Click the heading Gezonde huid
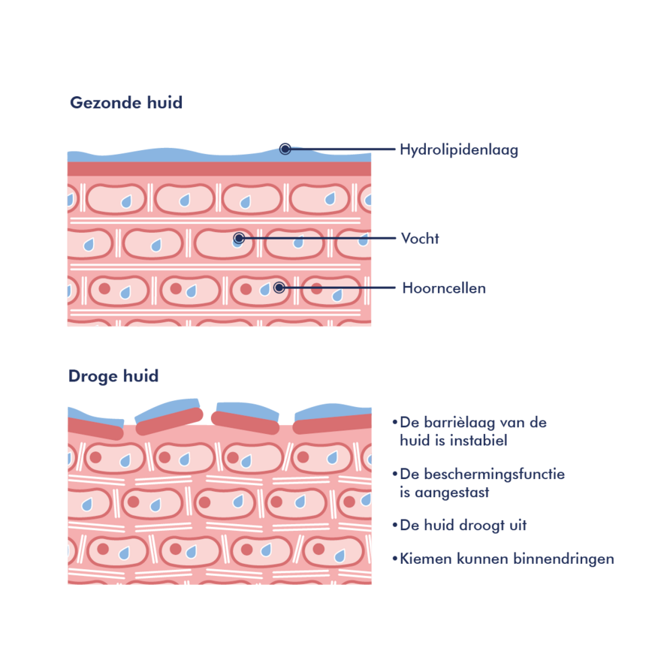pos(126,103)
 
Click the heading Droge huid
pos(113,376)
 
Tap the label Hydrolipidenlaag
pos(459,150)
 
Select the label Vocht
pos(420,239)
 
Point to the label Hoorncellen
pos(444,288)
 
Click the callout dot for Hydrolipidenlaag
pos(285,149)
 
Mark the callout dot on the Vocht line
pos(239,238)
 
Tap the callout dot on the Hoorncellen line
pos(279,287)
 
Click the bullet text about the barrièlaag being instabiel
pos(473,432)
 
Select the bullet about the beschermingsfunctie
pos(481,484)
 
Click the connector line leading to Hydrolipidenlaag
pos(342,149)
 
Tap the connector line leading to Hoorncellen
pos(338,288)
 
